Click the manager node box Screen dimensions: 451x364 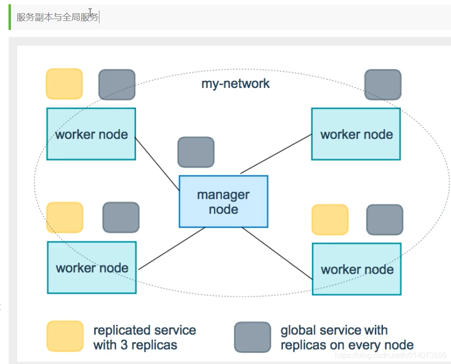(224, 201)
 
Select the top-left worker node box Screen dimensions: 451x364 (91, 134)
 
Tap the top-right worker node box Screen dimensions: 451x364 (356, 134)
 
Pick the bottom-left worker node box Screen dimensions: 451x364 (92, 268)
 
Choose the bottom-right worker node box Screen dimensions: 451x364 (357, 269)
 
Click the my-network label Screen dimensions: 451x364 (235, 84)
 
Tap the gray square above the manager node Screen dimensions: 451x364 (196, 152)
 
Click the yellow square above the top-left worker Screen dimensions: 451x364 (64, 84)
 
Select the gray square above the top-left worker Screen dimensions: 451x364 (117, 85)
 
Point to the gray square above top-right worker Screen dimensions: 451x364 (383, 85)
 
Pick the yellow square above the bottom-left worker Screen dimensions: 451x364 (65, 218)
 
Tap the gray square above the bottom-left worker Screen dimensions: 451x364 (121, 218)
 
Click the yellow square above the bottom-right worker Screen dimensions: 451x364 (330, 220)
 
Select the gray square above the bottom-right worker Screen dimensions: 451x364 (385, 220)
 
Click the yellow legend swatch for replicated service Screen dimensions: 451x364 (65, 336)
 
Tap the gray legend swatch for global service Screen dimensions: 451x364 (253, 337)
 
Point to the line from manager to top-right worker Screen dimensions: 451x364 (276, 153)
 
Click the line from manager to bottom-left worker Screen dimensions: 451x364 (172, 249)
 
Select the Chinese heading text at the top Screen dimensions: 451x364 (57, 17)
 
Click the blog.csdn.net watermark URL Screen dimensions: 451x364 (391, 355)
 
